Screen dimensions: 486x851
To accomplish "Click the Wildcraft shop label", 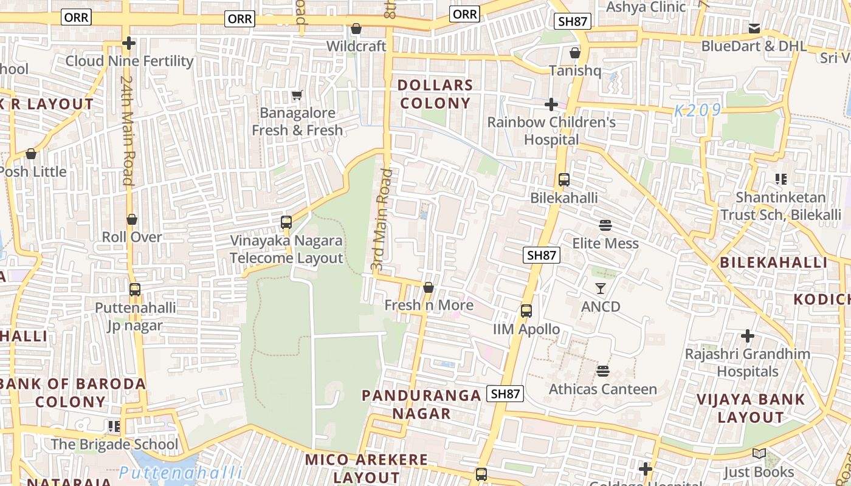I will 356,46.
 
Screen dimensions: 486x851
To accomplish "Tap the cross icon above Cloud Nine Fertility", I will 128,43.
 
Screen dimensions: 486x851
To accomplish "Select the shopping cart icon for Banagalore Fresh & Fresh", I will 297,95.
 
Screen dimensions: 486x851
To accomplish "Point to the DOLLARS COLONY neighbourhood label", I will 435,94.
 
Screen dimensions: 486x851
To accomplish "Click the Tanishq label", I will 575,70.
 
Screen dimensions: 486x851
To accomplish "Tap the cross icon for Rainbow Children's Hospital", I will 551,104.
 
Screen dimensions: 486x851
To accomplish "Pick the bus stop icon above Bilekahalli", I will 564,180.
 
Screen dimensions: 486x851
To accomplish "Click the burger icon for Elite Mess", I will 605,225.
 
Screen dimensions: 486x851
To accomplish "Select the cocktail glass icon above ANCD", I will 601,289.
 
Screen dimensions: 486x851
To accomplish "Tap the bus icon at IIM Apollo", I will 526,311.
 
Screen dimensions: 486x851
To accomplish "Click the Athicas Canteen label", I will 603,389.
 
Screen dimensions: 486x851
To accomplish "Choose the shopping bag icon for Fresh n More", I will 429,287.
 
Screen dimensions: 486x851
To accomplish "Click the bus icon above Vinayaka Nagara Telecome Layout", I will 286,222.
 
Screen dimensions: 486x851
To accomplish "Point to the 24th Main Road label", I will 127,130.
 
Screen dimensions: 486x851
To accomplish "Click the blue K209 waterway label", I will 698,111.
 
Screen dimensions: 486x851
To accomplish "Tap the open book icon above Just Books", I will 759,454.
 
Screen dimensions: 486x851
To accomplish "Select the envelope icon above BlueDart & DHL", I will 754,28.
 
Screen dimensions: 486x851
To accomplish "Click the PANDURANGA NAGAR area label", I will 421,405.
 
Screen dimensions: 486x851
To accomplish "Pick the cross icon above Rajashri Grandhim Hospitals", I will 748,335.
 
